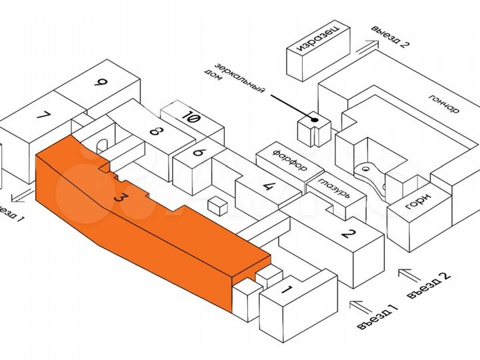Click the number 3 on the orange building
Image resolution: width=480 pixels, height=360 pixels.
(x=121, y=198)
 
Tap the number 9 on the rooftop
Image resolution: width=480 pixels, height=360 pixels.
(x=101, y=83)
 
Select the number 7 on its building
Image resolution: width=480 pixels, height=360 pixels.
(x=44, y=115)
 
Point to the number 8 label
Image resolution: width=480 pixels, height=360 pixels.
(x=155, y=130)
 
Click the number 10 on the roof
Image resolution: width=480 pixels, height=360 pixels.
(x=192, y=119)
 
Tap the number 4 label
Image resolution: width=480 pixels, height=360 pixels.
(x=269, y=186)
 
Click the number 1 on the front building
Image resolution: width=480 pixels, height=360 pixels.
(x=286, y=290)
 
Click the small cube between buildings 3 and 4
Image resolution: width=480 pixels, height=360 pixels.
(x=217, y=205)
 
